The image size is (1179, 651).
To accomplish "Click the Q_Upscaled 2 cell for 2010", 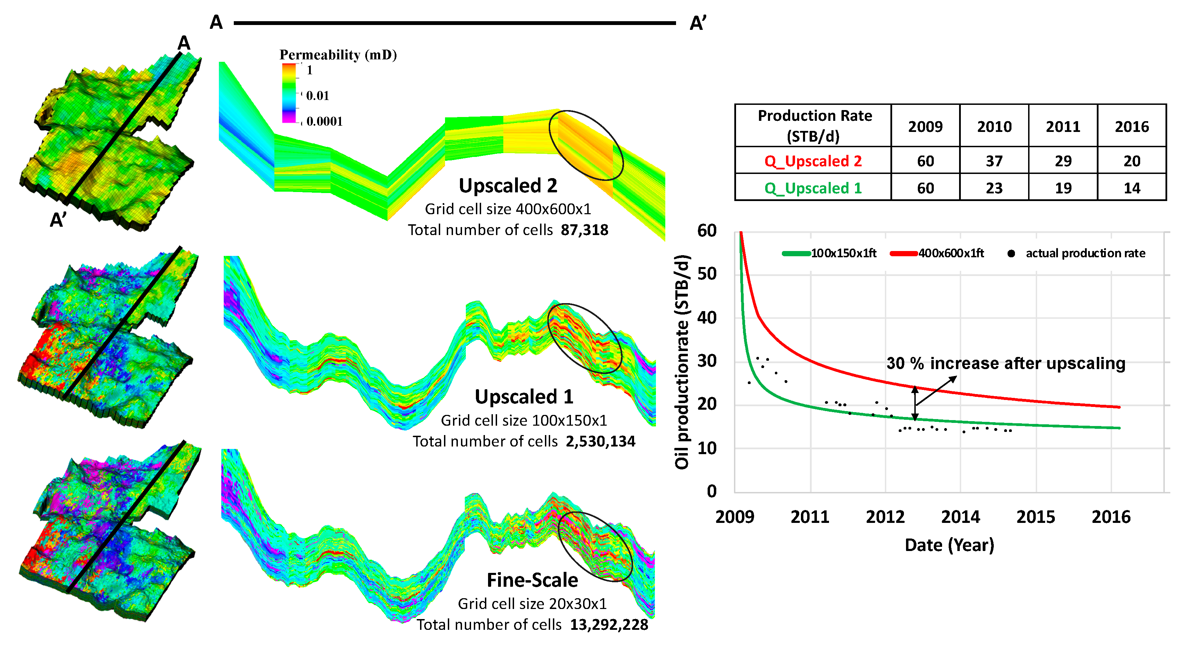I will pyautogui.click(x=994, y=161).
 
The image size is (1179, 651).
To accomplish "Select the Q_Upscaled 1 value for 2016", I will pyautogui.click(x=1131, y=188).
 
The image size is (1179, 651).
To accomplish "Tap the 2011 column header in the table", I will pyautogui.click(x=1063, y=126).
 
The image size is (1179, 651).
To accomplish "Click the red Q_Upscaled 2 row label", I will pyautogui.click(x=813, y=161).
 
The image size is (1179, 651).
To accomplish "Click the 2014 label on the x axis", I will pyautogui.click(x=960, y=517).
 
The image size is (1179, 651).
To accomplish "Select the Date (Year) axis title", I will pyautogui.click(x=949, y=545).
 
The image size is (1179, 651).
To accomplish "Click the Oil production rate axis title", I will pyautogui.click(x=682, y=362).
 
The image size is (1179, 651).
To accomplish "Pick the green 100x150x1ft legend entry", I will pyautogui.click(x=829, y=253).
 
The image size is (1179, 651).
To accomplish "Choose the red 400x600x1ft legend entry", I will pyautogui.click(x=937, y=253).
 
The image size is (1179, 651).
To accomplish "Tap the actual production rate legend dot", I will pyautogui.click(x=1011, y=253).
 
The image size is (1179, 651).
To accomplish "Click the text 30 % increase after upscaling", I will pyautogui.click(x=1006, y=363).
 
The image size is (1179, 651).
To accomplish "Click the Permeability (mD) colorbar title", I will pyautogui.click(x=338, y=55).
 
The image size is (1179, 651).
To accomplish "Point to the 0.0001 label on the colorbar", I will pyautogui.click(x=324, y=122).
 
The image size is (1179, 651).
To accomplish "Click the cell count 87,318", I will pyautogui.click(x=584, y=229).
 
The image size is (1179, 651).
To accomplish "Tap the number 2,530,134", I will pyautogui.click(x=600, y=441).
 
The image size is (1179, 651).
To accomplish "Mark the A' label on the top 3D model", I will pyautogui.click(x=58, y=220).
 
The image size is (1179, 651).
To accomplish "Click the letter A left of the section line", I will pyautogui.click(x=216, y=23).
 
